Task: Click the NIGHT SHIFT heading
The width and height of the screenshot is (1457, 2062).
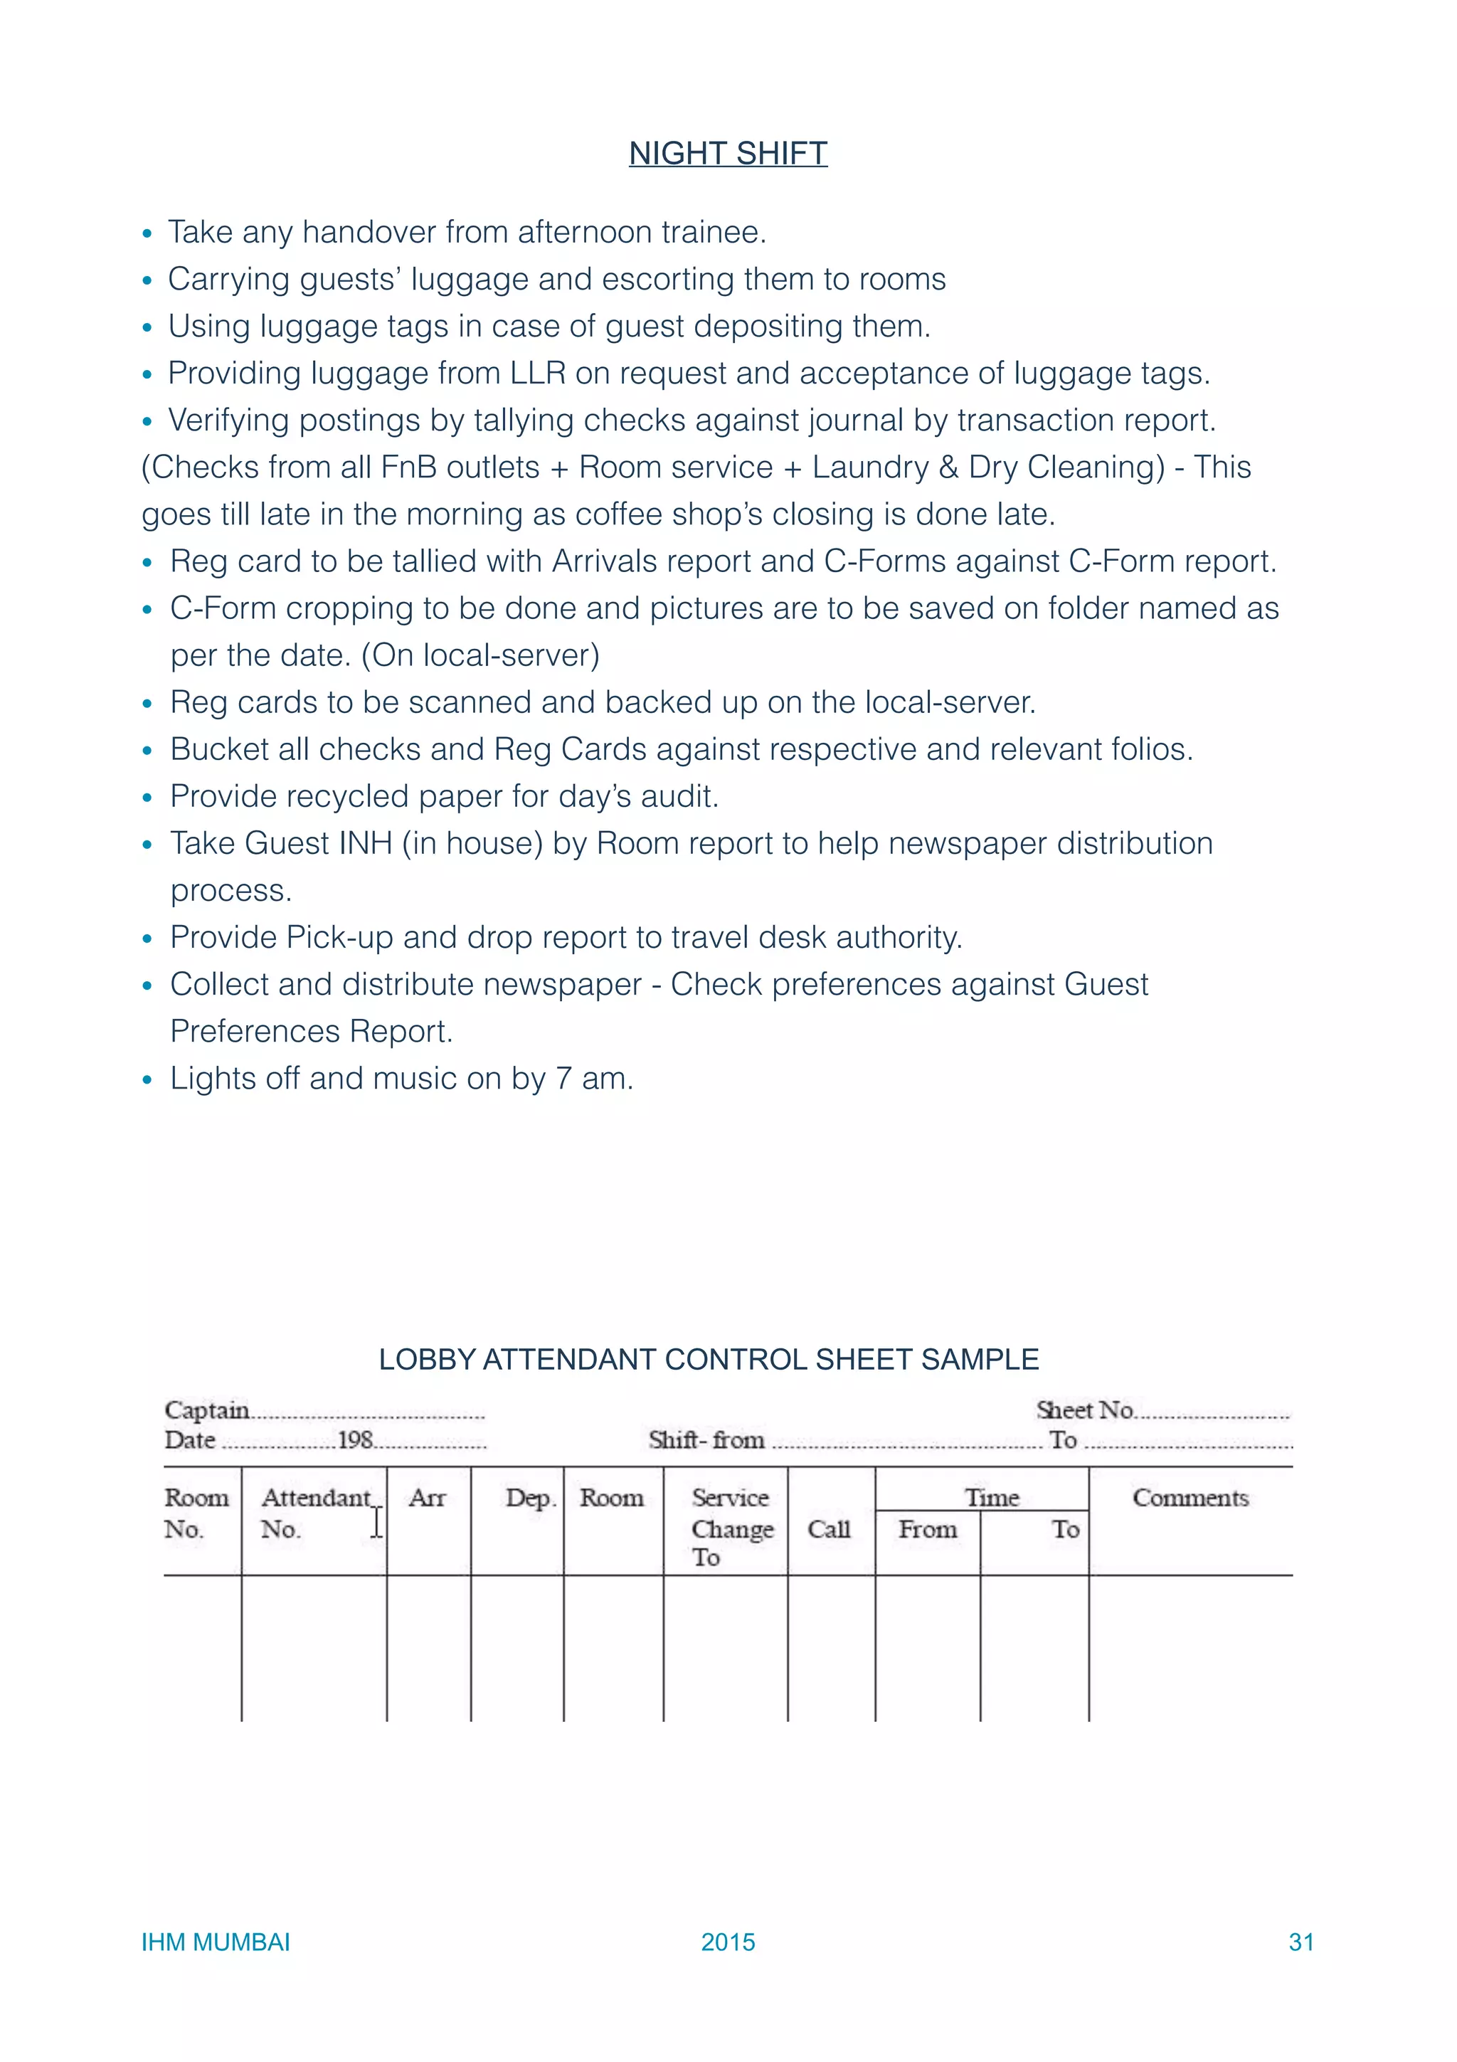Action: point(727,154)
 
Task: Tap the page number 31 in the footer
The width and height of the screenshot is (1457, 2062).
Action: point(1300,1942)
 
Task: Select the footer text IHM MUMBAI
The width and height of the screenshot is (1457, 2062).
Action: point(216,1942)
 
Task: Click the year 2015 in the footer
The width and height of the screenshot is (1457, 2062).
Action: point(727,1942)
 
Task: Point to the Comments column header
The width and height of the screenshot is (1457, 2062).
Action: point(1190,1498)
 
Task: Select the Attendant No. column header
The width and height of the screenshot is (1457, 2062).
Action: point(314,1513)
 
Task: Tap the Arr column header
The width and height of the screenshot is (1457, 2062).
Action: point(428,1498)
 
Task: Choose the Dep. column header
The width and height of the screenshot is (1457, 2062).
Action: point(529,1498)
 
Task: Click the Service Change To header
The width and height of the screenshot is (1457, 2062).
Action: point(731,1528)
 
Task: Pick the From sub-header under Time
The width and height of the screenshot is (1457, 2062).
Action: point(928,1530)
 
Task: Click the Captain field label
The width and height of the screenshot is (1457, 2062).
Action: point(206,1410)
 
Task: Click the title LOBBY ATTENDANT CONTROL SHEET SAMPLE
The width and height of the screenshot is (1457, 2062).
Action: point(709,1360)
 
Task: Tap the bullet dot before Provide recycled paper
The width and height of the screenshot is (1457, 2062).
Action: point(148,798)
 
